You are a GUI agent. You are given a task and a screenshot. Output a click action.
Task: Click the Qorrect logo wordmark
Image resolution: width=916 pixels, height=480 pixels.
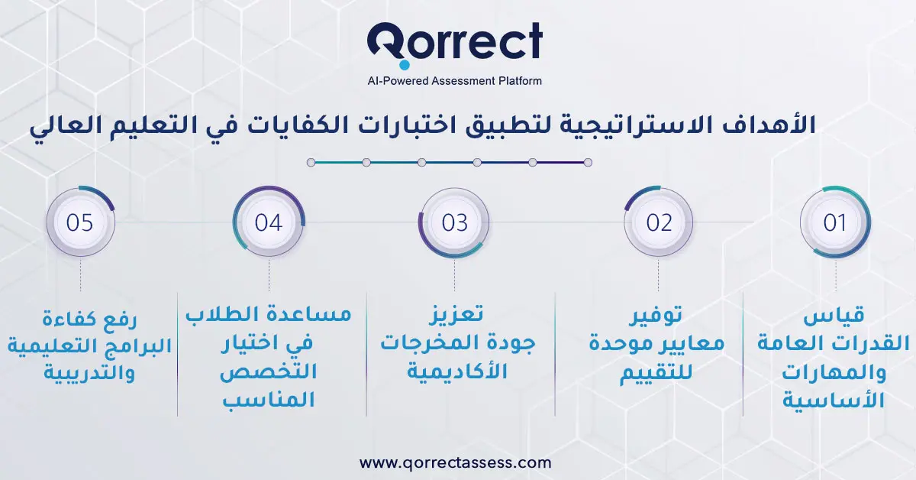(x=455, y=41)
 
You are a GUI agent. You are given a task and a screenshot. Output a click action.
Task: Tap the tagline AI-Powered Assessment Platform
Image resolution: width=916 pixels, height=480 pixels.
(x=455, y=80)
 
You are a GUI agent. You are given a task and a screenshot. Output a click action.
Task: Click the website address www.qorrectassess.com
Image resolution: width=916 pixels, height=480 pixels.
(x=455, y=462)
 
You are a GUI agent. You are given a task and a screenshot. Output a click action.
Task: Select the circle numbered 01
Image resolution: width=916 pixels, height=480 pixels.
(x=835, y=222)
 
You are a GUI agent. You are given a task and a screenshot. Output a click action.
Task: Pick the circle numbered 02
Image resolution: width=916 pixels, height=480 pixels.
(x=659, y=222)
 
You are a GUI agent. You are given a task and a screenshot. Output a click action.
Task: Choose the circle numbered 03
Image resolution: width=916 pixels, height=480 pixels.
(x=454, y=222)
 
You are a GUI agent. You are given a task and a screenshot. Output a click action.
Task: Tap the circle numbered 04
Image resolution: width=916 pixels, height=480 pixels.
(x=269, y=222)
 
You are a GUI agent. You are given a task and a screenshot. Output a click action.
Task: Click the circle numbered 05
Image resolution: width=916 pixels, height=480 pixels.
(x=80, y=222)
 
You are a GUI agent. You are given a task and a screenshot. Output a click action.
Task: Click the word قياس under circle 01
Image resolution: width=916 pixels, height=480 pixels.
(x=835, y=316)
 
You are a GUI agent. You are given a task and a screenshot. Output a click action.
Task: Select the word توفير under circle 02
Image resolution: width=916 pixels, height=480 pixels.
(x=659, y=316)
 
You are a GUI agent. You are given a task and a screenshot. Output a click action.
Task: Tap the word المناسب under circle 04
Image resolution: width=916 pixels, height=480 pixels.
(x=269, y=401)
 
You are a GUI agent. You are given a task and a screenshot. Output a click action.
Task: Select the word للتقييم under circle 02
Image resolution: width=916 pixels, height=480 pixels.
(x=659, y=373)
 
